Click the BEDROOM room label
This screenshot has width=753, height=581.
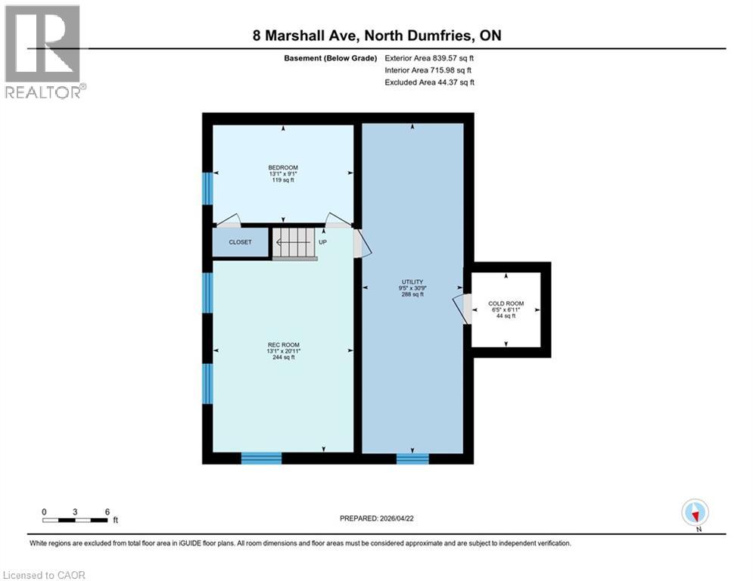283,168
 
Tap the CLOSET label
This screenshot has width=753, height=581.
240,243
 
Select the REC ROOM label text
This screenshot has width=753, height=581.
283,345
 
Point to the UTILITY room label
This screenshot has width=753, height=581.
412,282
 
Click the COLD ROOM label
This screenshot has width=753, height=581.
506,304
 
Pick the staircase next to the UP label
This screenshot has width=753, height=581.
294,243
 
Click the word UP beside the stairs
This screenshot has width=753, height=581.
322,243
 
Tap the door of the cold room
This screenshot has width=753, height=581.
461,308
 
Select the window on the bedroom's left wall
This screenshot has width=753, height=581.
207,188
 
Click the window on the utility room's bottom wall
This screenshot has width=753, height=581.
412,458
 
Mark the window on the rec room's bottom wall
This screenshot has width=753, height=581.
261,458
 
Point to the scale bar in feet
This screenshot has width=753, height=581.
76,520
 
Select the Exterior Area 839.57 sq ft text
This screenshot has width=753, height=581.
429,57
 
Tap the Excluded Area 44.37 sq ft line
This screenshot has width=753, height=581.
429,82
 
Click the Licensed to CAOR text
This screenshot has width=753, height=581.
45,575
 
